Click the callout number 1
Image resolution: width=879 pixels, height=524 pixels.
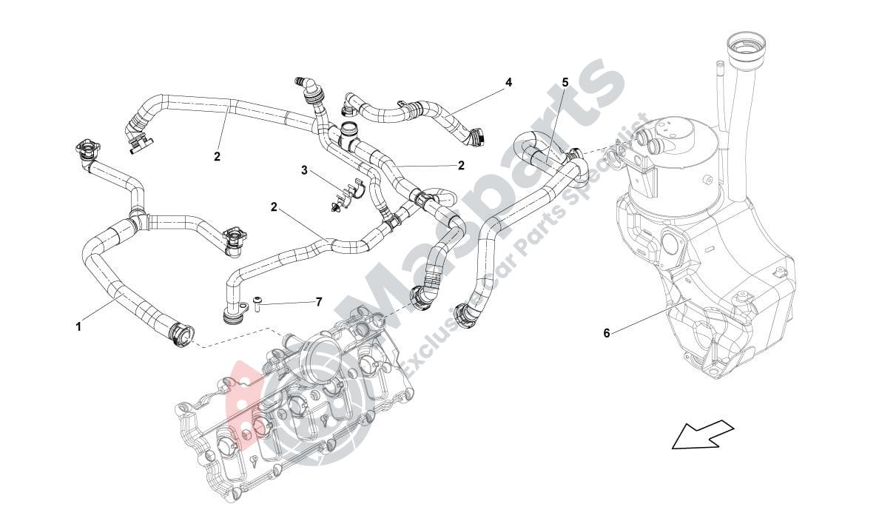pyautogui.click(x=78, y=326)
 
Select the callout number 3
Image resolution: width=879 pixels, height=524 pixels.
pyautogui.click(x=304, y=170)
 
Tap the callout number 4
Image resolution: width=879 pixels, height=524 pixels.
pyautogui.click(x=508, y=82)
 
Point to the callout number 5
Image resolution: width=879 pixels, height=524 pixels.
pyautogui.click(x=565, y=83)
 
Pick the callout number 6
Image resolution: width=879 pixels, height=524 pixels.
pyautogui.click(x=607, y=333)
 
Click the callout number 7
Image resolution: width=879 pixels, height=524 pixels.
pyautogui.click(x=319, y=302)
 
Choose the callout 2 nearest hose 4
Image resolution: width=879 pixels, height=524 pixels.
pyautogui.click(x=461, y=166)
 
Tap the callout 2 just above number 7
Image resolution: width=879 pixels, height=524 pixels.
pyautogui.click(x=274, y=207)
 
